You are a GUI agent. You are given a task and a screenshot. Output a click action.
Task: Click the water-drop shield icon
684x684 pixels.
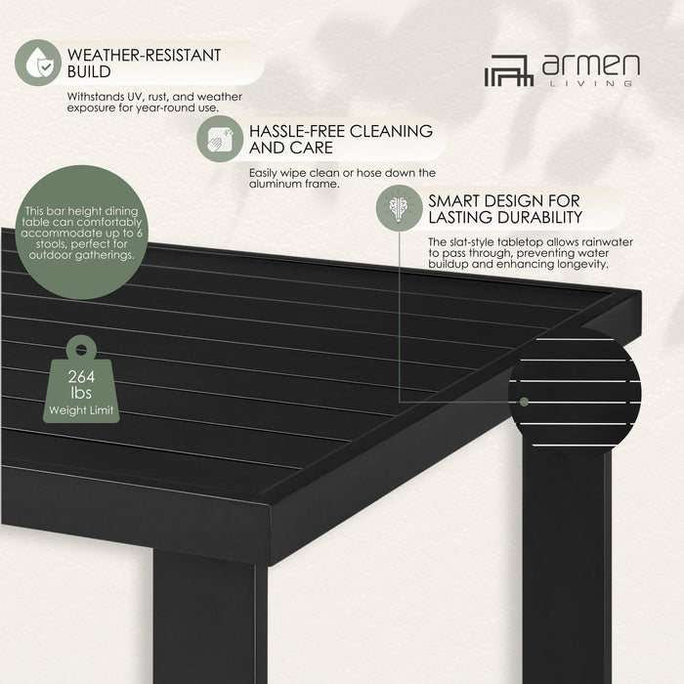[38, 62]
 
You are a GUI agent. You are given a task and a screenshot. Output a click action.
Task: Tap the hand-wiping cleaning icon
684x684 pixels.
[221, 138]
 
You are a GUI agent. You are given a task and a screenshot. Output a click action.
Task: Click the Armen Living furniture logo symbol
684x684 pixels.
[509, 70]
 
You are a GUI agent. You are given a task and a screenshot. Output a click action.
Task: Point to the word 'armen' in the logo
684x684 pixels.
[590, 66]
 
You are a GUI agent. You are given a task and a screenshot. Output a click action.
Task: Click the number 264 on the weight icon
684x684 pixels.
[81, 378]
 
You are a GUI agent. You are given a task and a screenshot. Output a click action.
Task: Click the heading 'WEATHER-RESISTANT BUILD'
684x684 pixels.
[145, 64]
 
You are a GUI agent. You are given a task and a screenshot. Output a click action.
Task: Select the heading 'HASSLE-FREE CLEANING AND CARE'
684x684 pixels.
[341, 139]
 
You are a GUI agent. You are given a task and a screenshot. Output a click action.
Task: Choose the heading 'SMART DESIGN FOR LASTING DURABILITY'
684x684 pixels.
[505, 209]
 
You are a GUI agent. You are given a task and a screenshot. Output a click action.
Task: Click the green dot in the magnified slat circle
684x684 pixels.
[526, 401]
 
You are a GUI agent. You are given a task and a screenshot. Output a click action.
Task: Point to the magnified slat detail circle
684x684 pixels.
[575, 385]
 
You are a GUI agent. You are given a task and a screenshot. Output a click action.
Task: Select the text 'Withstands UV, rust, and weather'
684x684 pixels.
[154, 97]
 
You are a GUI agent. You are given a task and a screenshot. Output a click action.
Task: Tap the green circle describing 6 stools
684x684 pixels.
[82, 235]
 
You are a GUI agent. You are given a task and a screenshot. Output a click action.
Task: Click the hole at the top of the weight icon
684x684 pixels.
[81, 349]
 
